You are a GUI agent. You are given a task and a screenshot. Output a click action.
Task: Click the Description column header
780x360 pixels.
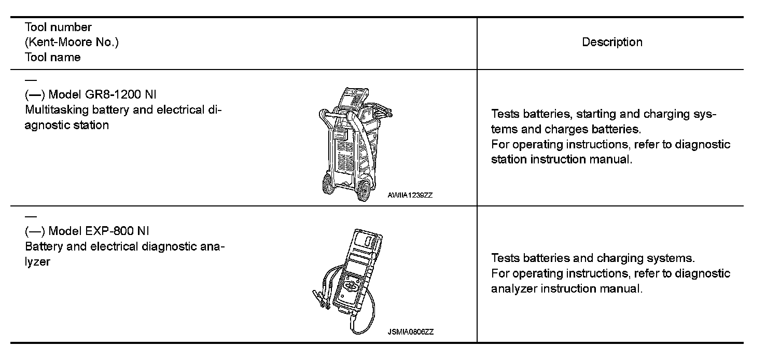(x=612, y=43)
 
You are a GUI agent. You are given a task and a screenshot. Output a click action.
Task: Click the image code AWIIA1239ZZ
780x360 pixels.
(x=410, y=196)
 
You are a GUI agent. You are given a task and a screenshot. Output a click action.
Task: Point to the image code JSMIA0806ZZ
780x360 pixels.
(x=410, y=332)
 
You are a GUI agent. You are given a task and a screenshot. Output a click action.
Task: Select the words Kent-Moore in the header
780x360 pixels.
(x=70, y=43)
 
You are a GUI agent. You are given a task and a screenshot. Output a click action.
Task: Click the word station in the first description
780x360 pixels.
(x=509, y=159)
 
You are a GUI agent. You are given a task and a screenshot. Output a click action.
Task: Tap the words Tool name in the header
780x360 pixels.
(x=52, y=58)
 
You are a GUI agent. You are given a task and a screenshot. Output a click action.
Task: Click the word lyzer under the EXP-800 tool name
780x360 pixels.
(x=37, y=261)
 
